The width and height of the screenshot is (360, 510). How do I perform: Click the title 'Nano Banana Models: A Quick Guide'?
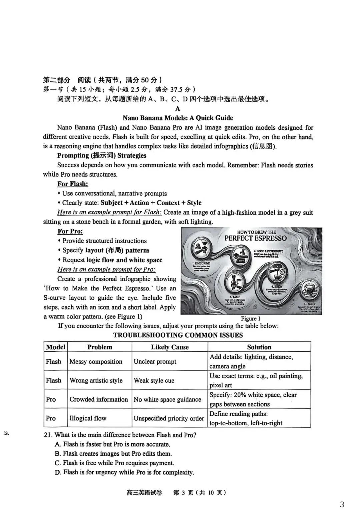click(x=178, y=118)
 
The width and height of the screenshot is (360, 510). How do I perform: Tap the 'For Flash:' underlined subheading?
click(x=73, y=184)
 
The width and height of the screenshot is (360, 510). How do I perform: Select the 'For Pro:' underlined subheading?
click(x=70, y=231)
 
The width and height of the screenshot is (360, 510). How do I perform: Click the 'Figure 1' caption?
click(x=250, y=318)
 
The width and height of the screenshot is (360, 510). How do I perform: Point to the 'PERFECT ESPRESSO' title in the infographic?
click(x=255, y=238)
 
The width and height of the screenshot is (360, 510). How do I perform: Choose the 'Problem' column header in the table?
click(x=99, y=347)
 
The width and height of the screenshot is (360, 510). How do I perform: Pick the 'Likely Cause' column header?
click(x=170, y=347)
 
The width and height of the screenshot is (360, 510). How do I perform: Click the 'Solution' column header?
click(x=259, y=347)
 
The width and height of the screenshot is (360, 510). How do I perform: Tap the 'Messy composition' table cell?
click(x=96, y=361)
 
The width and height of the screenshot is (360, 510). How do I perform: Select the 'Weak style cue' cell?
click(x=154, y=380)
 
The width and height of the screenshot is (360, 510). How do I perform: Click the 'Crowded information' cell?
click(x=99, y=399)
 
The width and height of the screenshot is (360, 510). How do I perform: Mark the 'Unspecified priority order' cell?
click(x=169, y=418)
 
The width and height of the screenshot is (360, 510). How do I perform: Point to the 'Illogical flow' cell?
click(x=88, y=418)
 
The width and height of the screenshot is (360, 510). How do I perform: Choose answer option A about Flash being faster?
click(x=112, y=444)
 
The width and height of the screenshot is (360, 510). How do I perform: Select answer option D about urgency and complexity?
click(x=124, y=472)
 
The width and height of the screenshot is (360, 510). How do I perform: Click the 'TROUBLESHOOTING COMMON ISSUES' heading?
click(x=178, y=335)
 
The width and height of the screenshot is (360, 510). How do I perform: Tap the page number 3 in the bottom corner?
click(x=342, y=504)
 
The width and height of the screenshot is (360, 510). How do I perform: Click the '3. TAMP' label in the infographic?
click(x=235, y=297)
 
